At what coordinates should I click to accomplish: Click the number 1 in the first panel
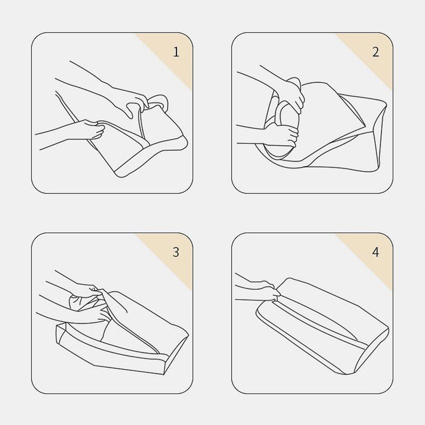[176, 52]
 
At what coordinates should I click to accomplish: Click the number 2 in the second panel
[376, 52]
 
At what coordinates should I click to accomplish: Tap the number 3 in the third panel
[176, 252]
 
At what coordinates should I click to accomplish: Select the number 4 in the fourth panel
[376, 252]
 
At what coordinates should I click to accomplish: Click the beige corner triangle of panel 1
[174, 52]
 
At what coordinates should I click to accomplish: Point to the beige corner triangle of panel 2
[373, 52]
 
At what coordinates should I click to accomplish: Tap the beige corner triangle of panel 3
[174, 251]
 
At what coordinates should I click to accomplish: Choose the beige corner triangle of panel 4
[373, 251]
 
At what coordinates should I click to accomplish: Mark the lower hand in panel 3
[98, 314]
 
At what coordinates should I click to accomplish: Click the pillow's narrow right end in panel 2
[379, 135]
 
